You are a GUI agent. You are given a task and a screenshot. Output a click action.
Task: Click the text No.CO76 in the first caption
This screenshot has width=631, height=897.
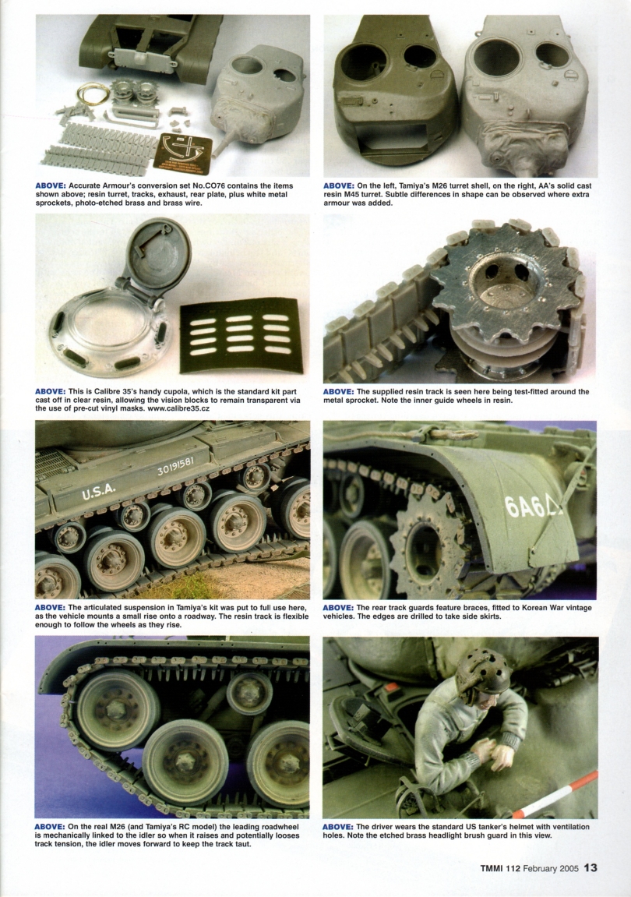coord(216,185)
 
